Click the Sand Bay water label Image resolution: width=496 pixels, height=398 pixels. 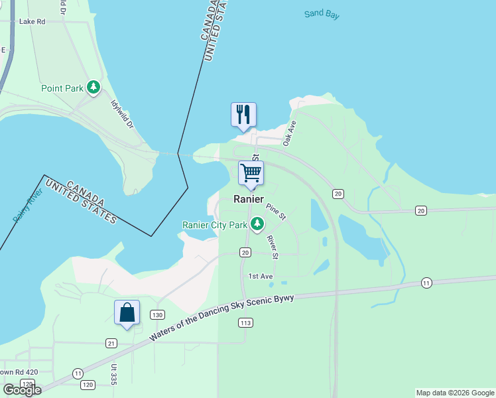pyautogui.click(x=322, y=14)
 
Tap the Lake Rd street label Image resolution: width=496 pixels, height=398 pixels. pyautogui.click(x=32, y=21)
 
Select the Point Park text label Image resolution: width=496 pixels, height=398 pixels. pyautogui.click(x=62, y=88)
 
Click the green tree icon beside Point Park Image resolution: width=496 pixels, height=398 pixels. pyautogui.click(x=94, y=87)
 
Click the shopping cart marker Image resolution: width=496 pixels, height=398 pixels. pyautogui.click(x=251, y=173)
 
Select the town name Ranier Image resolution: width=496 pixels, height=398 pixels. pyautogui.click(x=248, y=199)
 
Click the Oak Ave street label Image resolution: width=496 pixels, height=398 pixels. pyautogui.click(x=289, y=133)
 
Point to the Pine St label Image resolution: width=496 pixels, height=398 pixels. pyautogui.click(x=276, y=212)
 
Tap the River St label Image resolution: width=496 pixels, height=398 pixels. pyautogui.click(x=272, y=245)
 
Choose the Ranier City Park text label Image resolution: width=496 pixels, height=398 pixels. pyautogui.click(x=215, y=225)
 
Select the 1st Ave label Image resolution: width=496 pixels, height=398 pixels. pyautogui.click(x=260, y=276)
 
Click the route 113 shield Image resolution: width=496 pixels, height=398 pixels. pyautogui.click(x=245, y=322)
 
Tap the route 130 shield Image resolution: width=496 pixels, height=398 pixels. pyautogui.click(x=157, y=314)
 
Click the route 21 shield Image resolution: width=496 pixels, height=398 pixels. pyautogui.click(x=111, y=342)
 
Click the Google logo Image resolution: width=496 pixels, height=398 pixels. pyautogui.click(x=21, y=389)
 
